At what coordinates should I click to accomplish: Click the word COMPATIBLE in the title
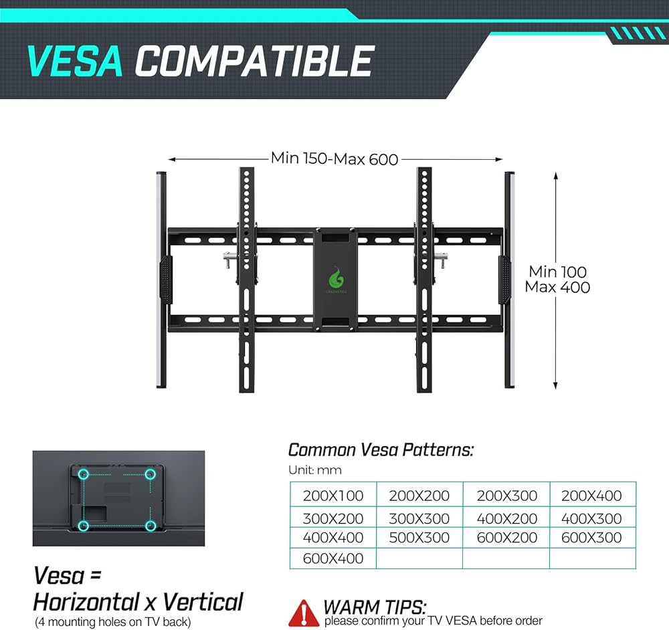tap(254, 62)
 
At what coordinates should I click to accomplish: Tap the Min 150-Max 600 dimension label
tap(334, 159)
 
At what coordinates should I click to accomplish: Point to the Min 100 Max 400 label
tap(557, 280)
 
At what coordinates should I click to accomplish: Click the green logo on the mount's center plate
tap(336, 276)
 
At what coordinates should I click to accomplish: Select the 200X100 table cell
tap(332, 496)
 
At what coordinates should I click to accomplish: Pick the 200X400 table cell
tap(592, 496)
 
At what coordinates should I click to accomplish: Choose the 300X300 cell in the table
tap(419, 518)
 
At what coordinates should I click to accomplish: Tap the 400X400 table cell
tap(332, 537)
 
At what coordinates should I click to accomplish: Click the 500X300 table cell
tap(419, 537)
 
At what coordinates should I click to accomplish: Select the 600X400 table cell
tap(332, 558)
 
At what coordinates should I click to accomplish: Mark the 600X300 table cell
tap(592, 537)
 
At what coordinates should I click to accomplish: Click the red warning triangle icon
tap(303, 611)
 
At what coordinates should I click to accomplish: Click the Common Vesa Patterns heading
tap(381, 450)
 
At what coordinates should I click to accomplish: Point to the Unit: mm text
tap(314, 470)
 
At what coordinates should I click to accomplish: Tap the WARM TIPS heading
tap(375, 607)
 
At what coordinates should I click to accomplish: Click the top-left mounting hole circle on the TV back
tap(84, 475)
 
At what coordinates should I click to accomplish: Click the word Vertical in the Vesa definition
tap(203, 601)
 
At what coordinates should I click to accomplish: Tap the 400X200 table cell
tap(506, 518)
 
